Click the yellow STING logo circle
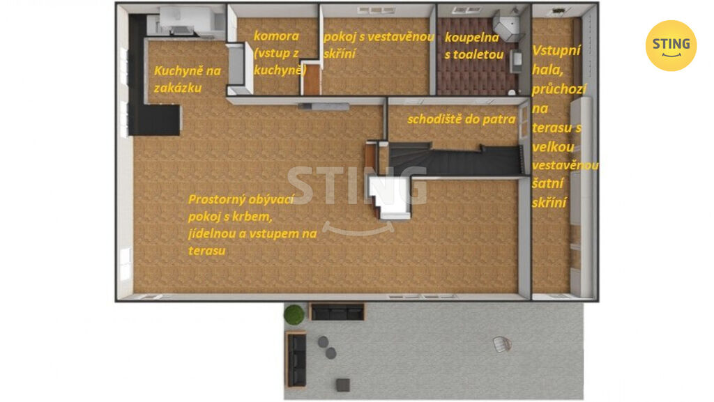671,45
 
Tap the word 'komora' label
276,36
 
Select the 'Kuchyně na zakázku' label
187,79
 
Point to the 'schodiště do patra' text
462,119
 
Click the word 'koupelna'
472,38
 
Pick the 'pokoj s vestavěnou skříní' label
379,45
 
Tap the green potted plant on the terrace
294,314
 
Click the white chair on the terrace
502,344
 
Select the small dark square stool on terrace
343,385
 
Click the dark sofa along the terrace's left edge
296,360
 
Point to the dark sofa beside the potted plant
337,312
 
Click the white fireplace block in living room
390,196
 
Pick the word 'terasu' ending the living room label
206,251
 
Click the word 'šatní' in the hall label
548,183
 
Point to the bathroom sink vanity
516,62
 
